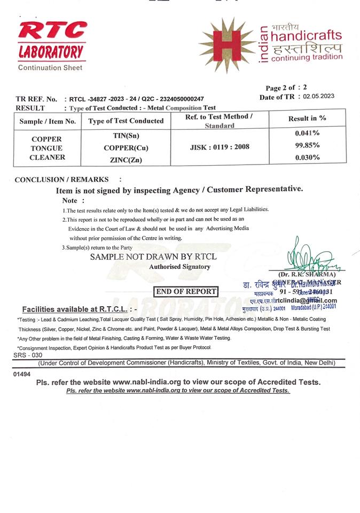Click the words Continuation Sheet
click(x=50, y=68)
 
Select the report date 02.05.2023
click(x=318, y=97)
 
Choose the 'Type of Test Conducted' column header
click(x=126, y=121)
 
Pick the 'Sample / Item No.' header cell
click(x=48, y=121)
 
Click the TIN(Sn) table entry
click(x=125, y=137)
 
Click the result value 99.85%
click(x=307, y=145)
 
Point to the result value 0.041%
click(x=307, y=133)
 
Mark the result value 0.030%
click(x=307, y=158)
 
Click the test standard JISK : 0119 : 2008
click(x=219, y=146)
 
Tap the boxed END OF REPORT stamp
click(x=185, y=291)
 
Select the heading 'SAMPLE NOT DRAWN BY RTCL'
click(x=153, y=257)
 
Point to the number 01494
click(x=22, y=375)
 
